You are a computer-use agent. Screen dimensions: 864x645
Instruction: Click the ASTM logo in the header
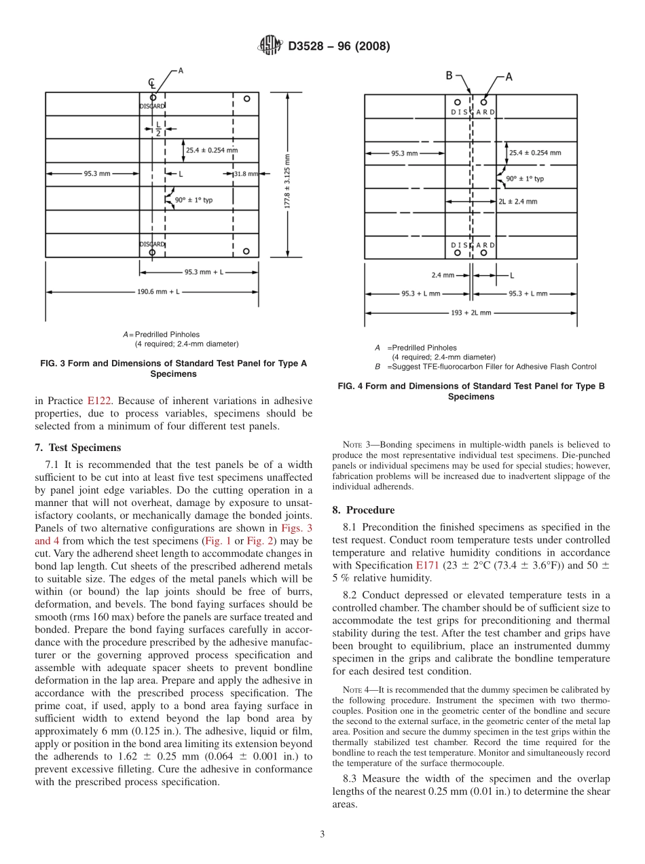(269, 47)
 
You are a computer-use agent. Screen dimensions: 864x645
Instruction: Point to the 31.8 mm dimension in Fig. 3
(246, 174)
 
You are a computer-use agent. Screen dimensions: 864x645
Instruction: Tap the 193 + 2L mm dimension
(470, 313)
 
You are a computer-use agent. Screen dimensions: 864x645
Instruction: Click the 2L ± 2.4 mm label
(517, 201)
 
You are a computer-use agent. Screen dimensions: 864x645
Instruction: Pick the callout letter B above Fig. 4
(449, 75)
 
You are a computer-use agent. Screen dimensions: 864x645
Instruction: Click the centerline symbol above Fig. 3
(152, 83)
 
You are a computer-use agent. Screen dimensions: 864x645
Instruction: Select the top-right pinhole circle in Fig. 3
(246, 98)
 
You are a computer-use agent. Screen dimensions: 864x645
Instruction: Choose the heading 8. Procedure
(363, 509)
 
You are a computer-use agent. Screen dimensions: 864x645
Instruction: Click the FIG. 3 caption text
(174, 368)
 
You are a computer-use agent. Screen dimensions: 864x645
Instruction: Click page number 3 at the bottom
(322, 834)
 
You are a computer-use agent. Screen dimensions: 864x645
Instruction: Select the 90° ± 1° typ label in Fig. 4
(524, 179)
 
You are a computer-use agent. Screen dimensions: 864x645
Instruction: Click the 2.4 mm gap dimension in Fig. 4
(442, 275)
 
